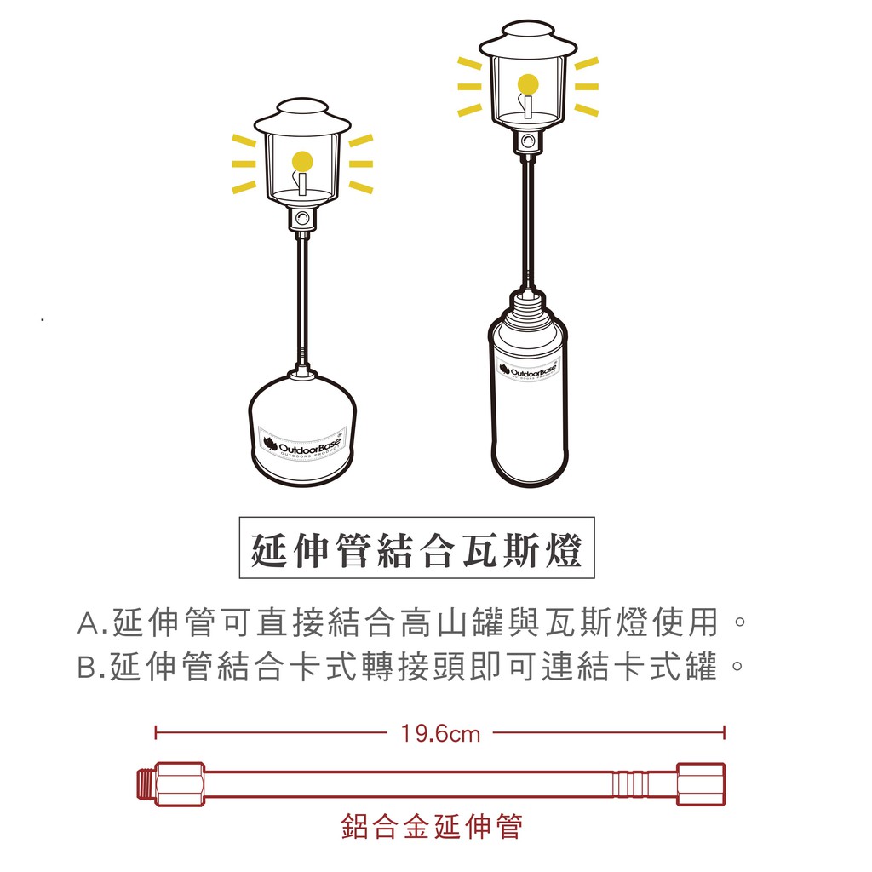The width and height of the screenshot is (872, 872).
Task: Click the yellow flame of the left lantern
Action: [302, 162]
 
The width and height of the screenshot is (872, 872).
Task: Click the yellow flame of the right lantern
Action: [528, 84]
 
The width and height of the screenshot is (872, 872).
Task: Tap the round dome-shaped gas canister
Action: [301, 429]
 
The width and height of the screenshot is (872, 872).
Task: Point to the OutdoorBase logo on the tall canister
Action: [528, 370]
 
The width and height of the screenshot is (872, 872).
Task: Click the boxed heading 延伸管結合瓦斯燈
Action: [416, 548]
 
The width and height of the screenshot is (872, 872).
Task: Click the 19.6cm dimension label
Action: [440, 733]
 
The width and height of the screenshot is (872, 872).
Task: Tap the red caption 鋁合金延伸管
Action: [432, 826]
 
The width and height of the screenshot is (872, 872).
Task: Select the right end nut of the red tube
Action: [701, 784]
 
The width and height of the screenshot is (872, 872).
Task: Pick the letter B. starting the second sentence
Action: [91, 667]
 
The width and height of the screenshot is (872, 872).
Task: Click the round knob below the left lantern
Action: [302, 217]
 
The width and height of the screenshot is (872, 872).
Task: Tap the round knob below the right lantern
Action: [528, 141]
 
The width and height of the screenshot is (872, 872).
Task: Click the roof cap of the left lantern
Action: [302, 116]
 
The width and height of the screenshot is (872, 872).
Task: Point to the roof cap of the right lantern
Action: [528, 39]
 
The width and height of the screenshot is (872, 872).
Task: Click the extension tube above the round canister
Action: [302, 301]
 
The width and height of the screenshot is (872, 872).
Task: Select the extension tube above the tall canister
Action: [528, 221]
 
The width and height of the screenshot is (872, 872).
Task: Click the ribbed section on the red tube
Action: [630, 784]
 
